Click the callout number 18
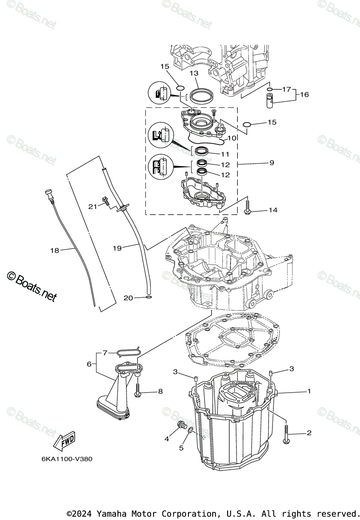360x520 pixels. point(54,250)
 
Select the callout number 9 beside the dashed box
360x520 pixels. point(272,163)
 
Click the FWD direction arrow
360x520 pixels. point(64,441)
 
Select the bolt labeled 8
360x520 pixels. point(138,390)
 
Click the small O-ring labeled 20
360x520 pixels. point(149,298)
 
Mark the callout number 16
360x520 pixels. point(305,94)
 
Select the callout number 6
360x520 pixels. point(89,364)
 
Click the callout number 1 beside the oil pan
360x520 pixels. point(309,391)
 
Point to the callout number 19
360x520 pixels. point(117,248)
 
